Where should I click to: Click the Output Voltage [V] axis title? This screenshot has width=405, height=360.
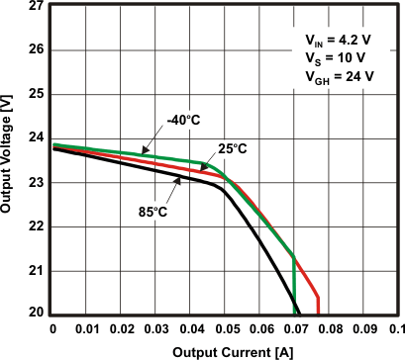click(x=11, y=159)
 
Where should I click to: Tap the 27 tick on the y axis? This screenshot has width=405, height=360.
click(x=36, y=6)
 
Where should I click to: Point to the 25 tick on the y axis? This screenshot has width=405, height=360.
click(x=36, y=94)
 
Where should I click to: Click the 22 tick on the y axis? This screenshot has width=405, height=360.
click(x=36, y=226)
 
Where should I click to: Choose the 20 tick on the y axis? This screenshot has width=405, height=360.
click(x=36, y=314)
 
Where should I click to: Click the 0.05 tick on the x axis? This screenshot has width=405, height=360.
click(x=225, y=328)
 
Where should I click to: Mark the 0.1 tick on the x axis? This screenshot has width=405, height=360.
click(x=395, y=328)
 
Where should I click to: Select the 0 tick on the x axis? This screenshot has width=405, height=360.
click(x=52, y=328)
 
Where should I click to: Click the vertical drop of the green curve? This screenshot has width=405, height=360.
click(x=294, y=287)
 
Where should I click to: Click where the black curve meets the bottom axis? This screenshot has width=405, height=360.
click(x=298, y=313)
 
